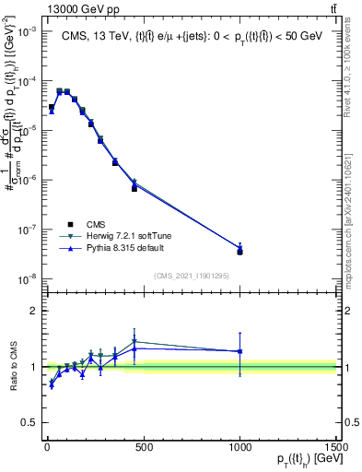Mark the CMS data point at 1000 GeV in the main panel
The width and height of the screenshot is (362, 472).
tap(239, 251)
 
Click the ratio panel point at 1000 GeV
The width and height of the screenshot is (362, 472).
tap(239, 351)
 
